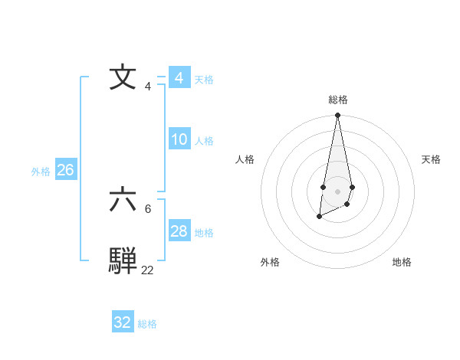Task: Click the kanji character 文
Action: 123,78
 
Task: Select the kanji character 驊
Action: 123,260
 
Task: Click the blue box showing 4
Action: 179,78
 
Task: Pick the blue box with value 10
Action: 179,139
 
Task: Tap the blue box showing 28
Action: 179,231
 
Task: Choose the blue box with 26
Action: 65,170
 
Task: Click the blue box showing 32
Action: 122,322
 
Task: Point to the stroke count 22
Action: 147,270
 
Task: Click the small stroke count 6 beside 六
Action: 147,208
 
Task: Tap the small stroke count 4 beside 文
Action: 147,87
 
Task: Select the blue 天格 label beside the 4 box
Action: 204,80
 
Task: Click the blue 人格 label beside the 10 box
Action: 204,141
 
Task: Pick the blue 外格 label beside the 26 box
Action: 41,172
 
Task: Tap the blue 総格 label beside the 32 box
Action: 147,324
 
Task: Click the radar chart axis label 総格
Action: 337,100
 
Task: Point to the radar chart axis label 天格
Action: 431,159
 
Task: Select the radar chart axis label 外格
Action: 270,262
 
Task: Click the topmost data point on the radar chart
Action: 337,116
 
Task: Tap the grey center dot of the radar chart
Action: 337,191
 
